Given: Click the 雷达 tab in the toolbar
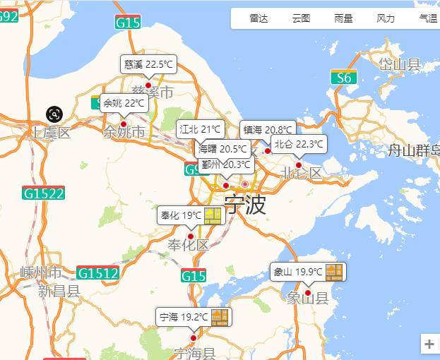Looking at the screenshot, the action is tap(259, 19).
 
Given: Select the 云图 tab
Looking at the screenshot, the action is tap(302, 19).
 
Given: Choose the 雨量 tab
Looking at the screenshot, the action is tap(344, 19).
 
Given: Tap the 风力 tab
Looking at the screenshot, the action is tap(386, 19).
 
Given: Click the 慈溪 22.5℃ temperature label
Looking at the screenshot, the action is tap(148, 64).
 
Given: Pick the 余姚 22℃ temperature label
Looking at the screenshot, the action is tap(124, 104).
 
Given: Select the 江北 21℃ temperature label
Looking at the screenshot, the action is tap(201, 129).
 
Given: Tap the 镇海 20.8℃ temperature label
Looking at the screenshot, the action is tap(268, 130).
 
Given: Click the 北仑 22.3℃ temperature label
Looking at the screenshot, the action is tap(299, 144).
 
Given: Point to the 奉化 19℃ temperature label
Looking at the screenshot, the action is tap(182, 215).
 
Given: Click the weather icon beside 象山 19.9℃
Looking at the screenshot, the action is tap(334, 272).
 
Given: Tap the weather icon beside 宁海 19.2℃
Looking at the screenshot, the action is tap(220, 317).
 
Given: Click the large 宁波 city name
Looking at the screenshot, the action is tap(245, 205).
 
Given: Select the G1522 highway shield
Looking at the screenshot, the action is tap(44, 193).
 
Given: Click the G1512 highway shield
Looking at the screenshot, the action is tap(97, 273).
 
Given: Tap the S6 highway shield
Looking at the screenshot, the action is tap(343, 78).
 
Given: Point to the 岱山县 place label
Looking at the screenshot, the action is tap(400, 65).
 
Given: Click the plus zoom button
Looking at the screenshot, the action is tap(429, 344).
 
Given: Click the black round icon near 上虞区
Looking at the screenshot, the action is tap(55, 114).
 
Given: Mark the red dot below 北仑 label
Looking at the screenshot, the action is tap(298, 165).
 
